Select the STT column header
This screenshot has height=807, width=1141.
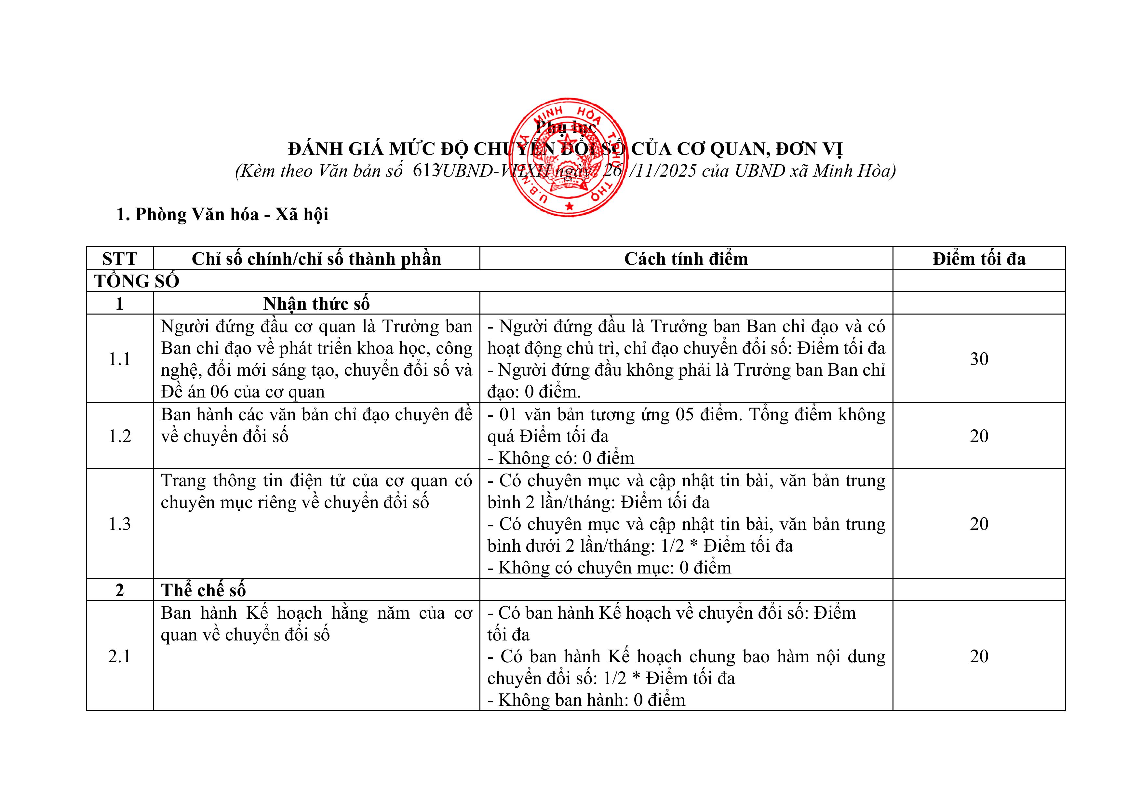pos(119,259)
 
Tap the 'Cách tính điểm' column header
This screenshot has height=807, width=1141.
pos(686,259)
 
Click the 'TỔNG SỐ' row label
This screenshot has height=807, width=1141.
pos(137,281)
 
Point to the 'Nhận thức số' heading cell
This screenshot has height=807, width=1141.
pos(316,303)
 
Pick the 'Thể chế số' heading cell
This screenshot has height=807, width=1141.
pos(203,590)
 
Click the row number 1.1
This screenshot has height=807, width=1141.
pos(119,359)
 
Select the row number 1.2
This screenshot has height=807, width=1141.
pos(119,436)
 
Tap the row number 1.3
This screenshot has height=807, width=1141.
pos(119,524)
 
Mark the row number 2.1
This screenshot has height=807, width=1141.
pos(119,656)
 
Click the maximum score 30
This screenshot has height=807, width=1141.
pos(979,359)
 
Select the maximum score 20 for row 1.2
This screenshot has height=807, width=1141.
pos(979,436)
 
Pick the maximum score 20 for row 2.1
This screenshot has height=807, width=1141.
pos(979,656)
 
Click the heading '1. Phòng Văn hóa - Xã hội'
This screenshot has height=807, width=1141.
pos(222,215)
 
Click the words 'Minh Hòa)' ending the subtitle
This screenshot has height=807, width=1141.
pos(854,171)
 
